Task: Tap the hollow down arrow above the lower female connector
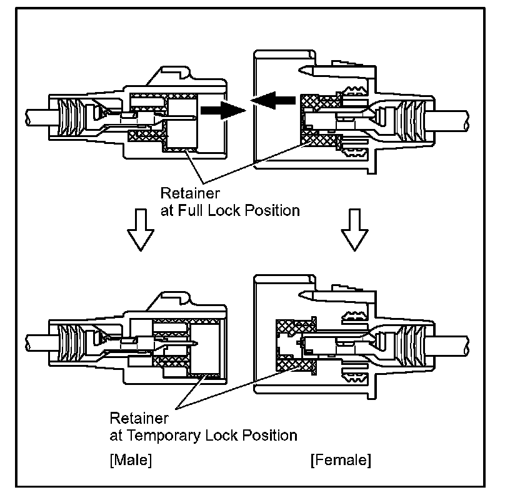(353, 228)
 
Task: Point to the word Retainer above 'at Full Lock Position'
(186, 193)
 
